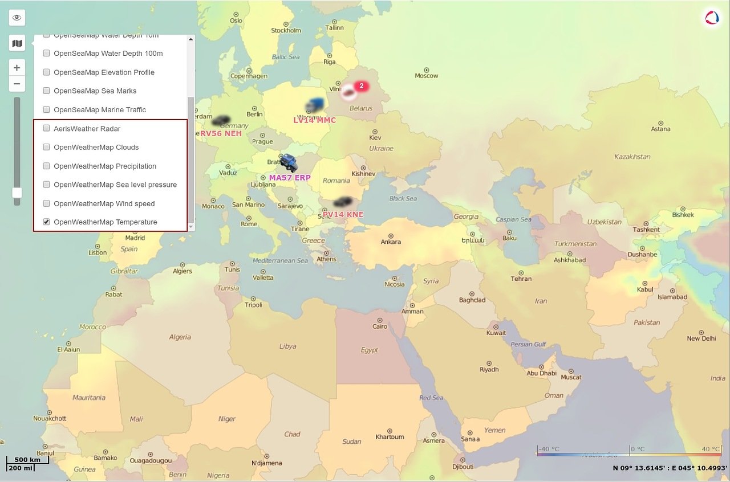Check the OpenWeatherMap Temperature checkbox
[x=47, y=222]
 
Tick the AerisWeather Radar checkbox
[x=47, y=129]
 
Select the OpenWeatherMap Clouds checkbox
[x=47, y=148]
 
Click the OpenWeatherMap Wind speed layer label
[x=104, y=203]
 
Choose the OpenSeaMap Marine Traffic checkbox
[x=47, y=110]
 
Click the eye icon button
[x=17, y=18]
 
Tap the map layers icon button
[x=17, y=43]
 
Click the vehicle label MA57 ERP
[x=290, y=178]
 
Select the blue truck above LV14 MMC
[x=314, y=105]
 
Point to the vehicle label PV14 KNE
[x=343, y=215]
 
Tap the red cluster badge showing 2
[x=361, y=86]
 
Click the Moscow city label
[x=427, y=76]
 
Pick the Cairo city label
[x=380, y=326]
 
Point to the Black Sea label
[x=403, y=199]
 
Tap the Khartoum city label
[x=390, y=437]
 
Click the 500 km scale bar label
[x=27, y=460]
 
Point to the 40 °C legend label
[x=711, y=449]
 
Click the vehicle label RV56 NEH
[x=221, y=134]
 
